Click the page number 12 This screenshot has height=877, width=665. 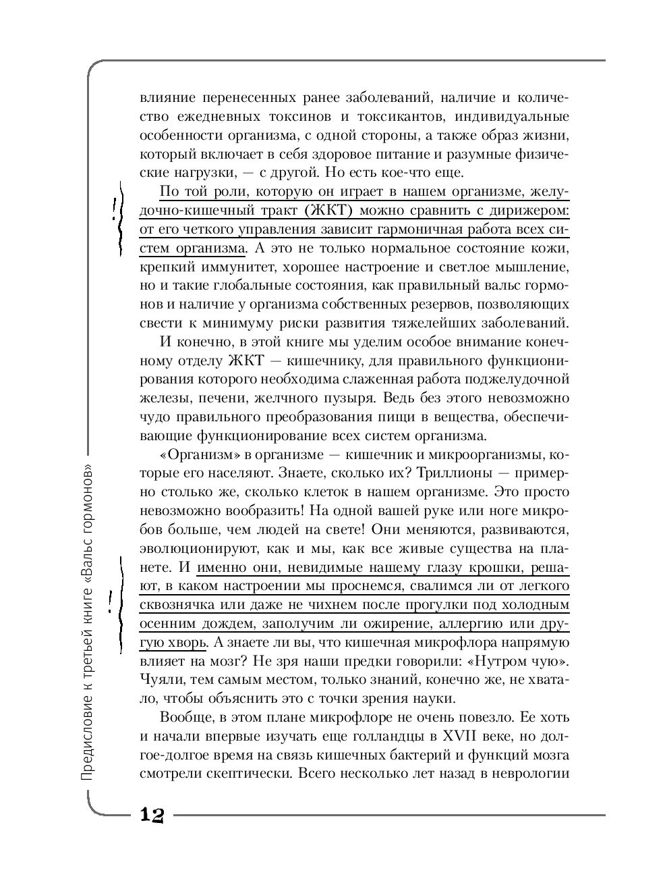click(x=152, y=814)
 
